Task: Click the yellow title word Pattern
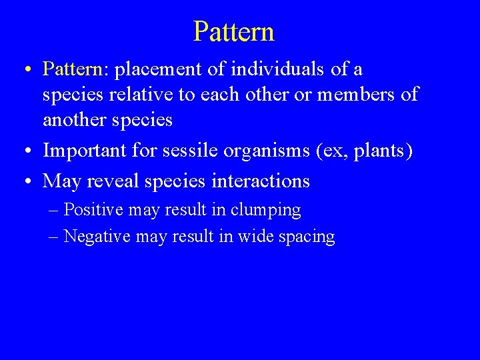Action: point(233,31)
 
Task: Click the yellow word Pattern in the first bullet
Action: point(71,69)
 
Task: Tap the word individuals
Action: point(273,69)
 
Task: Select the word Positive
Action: point(93,211)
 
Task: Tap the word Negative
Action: point(97,237)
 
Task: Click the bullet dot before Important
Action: point(23,151)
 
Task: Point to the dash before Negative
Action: point(55,237)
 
